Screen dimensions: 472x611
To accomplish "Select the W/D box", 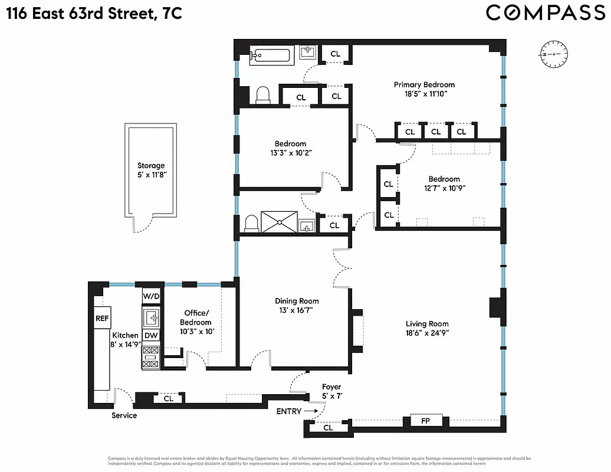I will [x=151, y=294].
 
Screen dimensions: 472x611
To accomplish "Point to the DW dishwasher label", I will [x=151, y=335].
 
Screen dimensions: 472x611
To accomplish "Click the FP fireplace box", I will [x=424, y=421].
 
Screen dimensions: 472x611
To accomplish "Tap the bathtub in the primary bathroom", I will [x=270, y=56].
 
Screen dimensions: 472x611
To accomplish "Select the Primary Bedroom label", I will [x=424, y=84].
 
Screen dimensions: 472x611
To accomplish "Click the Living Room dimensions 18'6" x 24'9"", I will [x=427, y=333].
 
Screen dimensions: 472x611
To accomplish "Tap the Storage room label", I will [x=151, y=166].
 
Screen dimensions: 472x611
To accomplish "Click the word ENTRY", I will [x=289, y=411].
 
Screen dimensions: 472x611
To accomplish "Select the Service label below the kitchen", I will [x=124, y=415].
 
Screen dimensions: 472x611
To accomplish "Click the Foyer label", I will [x=331, y=387].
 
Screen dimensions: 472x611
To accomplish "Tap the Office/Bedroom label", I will [x=195, y=317].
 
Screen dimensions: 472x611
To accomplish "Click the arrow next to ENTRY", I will [x=312, y=411].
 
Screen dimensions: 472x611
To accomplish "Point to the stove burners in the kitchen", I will [x=151, y=357].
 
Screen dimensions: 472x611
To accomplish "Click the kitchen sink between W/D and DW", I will [x=151, y=317].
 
